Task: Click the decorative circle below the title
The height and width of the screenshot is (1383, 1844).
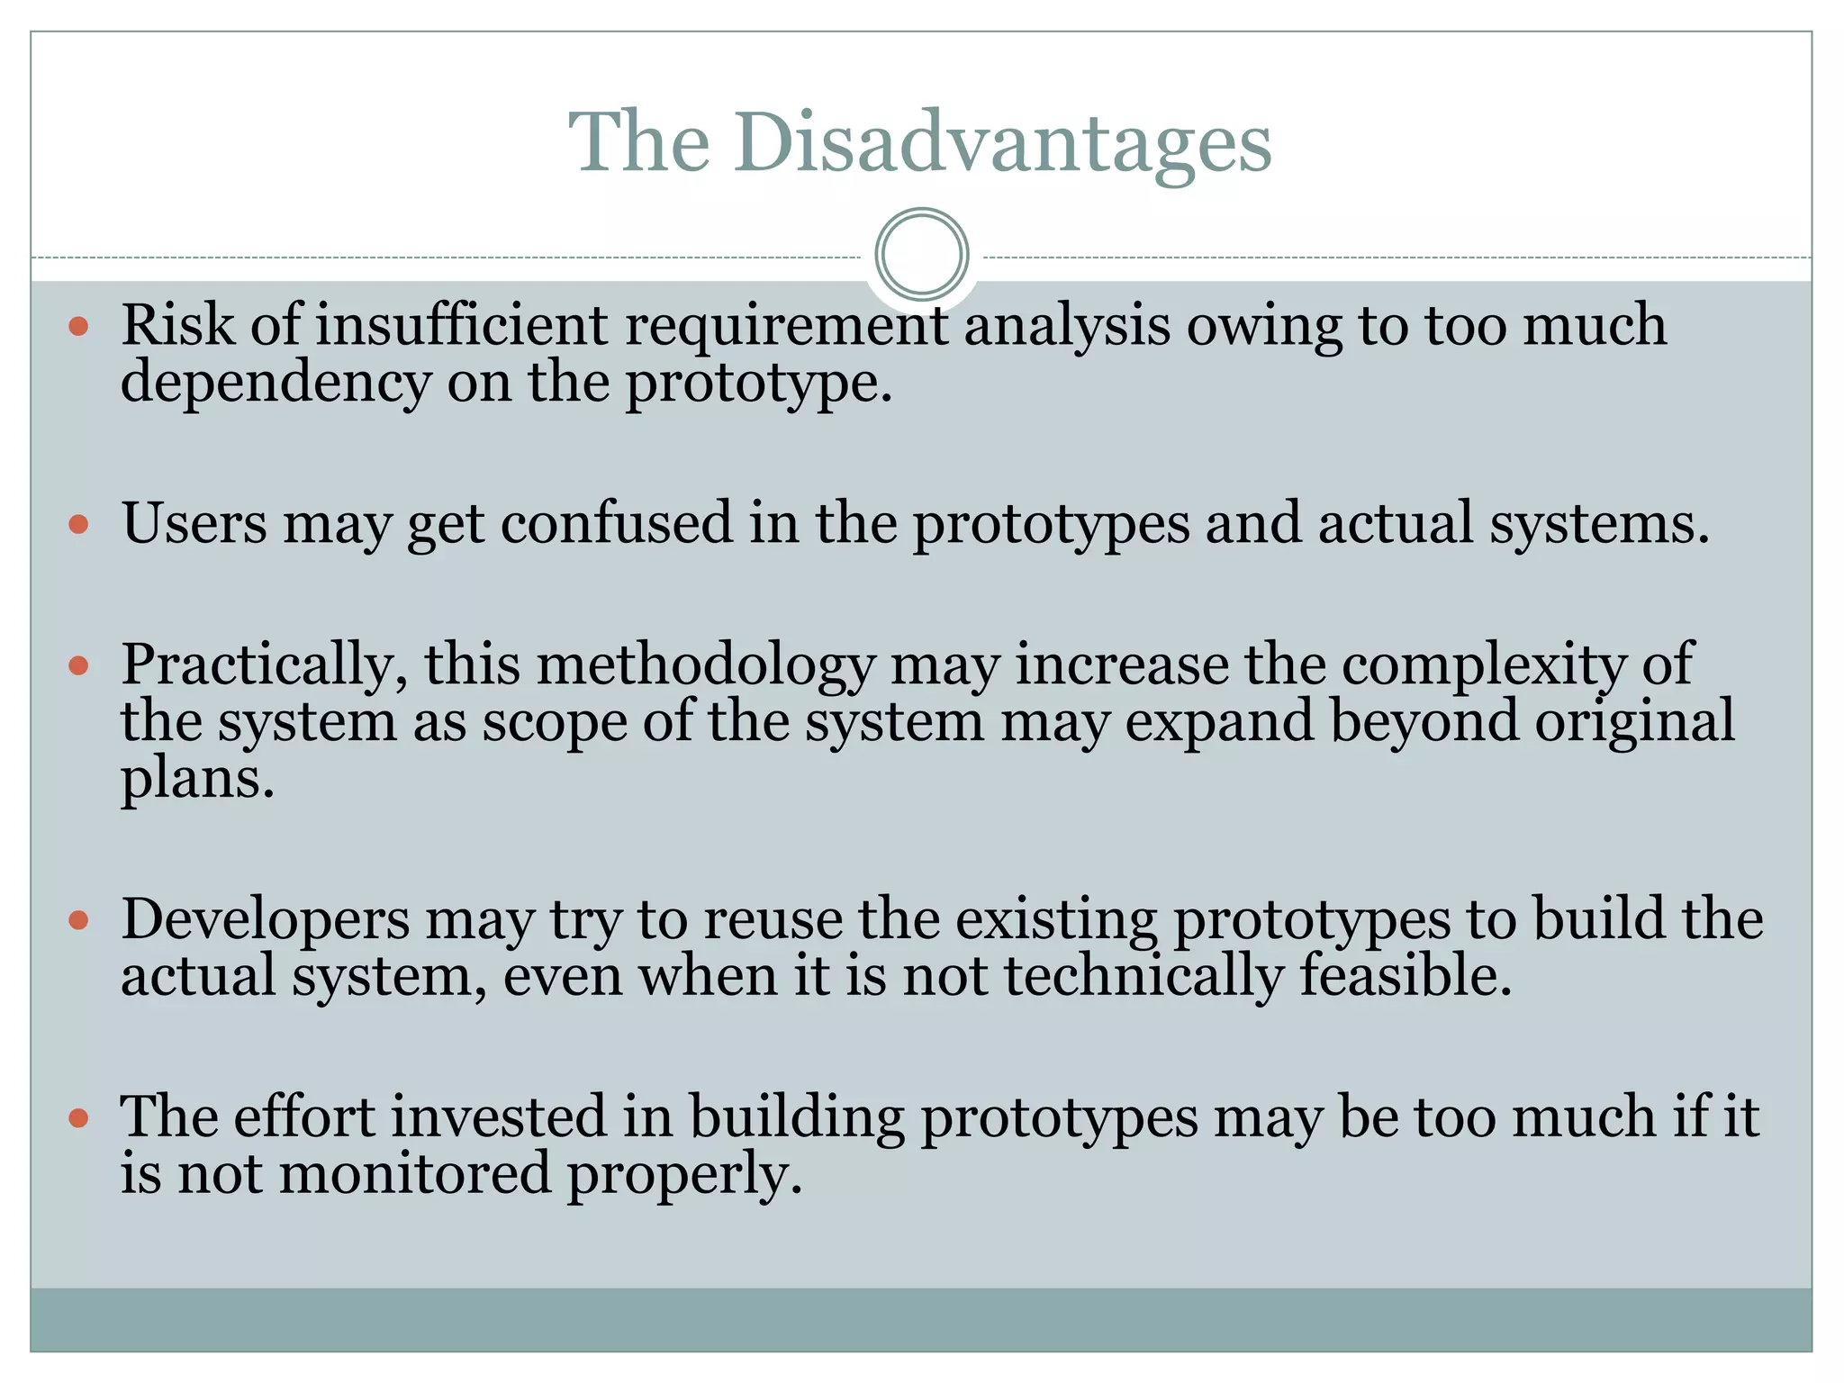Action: [x=921, y=254]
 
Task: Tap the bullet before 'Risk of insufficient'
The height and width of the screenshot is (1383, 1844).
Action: [x=79, y=326]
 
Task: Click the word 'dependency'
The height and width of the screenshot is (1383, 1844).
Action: [x=276, y=384]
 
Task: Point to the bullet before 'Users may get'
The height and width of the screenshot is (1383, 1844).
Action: [x=79, y=524]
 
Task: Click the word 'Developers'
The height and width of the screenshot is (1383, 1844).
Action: [x=266, y=920]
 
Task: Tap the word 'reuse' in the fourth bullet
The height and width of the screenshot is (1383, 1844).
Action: [x=773, y=920]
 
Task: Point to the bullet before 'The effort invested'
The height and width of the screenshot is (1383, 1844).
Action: [x=79, y=1118]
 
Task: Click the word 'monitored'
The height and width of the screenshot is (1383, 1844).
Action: [x=415, y=1174]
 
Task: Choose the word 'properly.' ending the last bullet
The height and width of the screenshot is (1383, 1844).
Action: [x=684, y=1176]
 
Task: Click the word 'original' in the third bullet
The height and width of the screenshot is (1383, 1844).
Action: [x=1634, y=722]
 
